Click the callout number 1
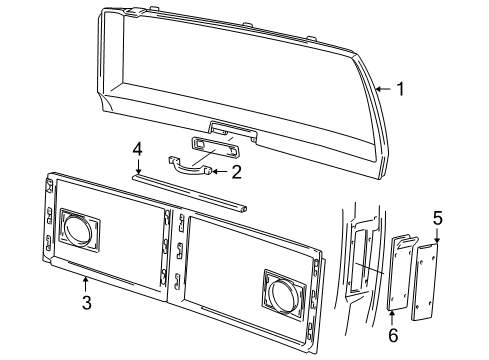pos(400,89)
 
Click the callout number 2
pos(236,172)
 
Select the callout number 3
pos(87,302)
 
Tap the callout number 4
pos(138,150)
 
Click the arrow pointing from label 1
pos(381,89)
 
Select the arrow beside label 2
pos(217,172)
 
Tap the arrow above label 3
pos(87,284)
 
